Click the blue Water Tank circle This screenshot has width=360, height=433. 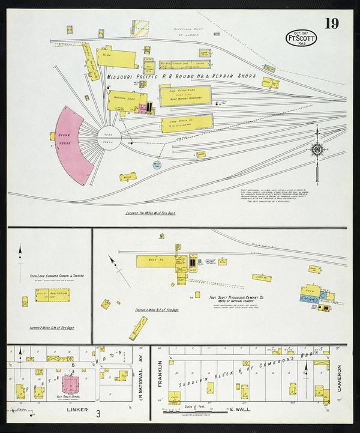tap(157, 163)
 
